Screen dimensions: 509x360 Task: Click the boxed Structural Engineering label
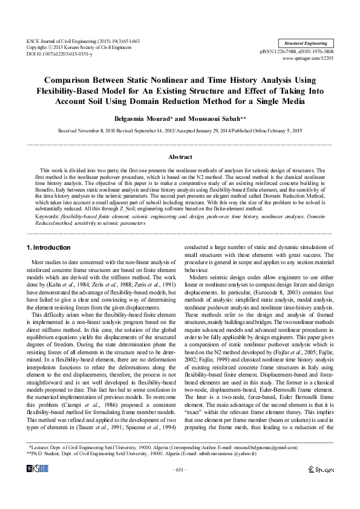(x=306, y=44)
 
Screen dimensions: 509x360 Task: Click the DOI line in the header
(x=59, y=54)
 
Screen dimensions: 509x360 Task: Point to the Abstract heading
(x=180, y=157)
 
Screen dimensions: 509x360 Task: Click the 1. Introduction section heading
(x=49, y=248)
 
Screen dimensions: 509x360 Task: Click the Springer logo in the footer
(x=321, y=469)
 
